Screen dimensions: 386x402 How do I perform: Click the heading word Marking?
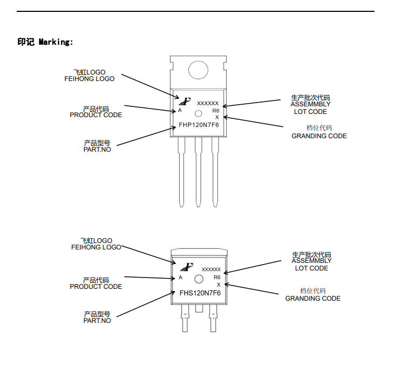point(56,42)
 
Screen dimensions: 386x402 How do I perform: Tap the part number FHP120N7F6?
point(199,126)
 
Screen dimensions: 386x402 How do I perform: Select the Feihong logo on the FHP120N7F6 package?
point(185,100)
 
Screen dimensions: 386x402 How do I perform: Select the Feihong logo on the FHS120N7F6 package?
point(187,267)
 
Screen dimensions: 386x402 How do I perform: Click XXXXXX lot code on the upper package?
point(208,103)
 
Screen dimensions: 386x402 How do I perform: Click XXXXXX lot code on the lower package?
point(211,269)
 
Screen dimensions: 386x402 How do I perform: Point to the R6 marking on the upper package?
point(216,110)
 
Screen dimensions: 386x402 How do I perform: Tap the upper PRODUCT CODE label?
point(96,115)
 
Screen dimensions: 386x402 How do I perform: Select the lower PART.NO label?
point(97,321)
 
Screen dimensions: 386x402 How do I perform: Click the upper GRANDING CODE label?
point(319,136)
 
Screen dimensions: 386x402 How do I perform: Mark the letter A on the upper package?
point(180,110)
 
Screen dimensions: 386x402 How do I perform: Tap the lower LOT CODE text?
point(311,268)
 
